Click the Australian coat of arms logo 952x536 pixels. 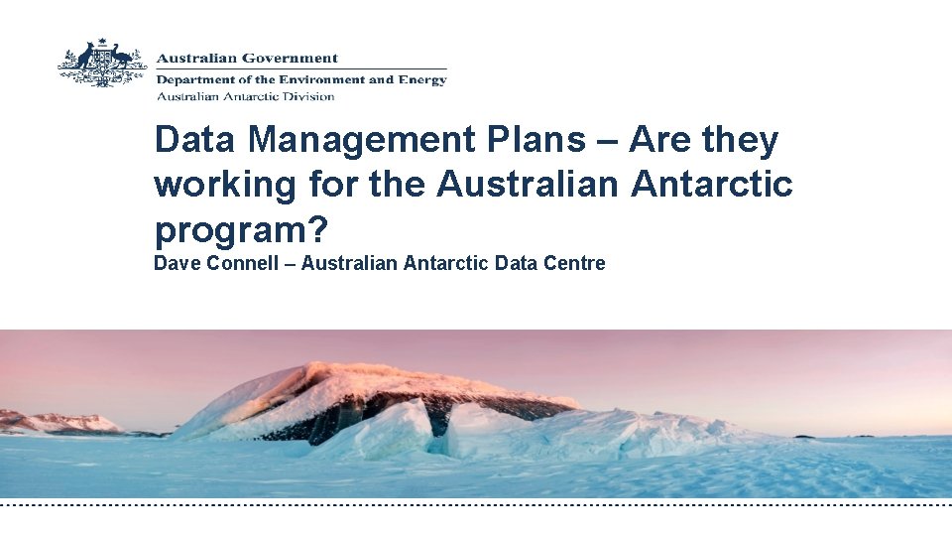click(102, 65)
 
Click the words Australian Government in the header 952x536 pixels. click(247, 59)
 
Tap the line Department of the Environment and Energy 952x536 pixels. click(301, 79)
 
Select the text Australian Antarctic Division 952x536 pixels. click(245, 96)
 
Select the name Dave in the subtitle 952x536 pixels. click(175, 263)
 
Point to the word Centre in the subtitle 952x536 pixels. click(572, 263)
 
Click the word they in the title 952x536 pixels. click(740, 140)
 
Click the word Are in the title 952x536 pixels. click(661, 140)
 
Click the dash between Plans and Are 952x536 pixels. click(608, 142)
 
